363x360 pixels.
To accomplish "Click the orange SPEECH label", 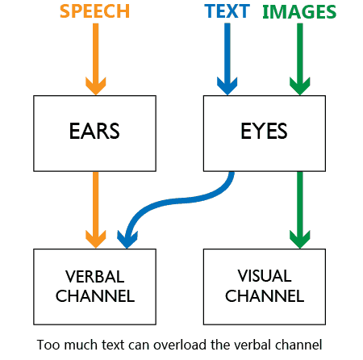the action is tap(94, 11).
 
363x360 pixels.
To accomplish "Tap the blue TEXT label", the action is tap(227, 11).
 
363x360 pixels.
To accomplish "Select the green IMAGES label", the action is tap(299, 12).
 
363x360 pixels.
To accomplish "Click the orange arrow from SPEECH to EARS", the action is tap(96, 59).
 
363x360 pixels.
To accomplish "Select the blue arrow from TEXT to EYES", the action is tap(227, 59).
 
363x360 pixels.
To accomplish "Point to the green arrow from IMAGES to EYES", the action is tap(300, 59).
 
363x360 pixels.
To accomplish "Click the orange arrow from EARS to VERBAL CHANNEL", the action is tap(96, 210).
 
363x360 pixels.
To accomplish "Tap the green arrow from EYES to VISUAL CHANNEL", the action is tap(300, 210).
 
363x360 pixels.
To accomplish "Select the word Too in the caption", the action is tap(48, 345).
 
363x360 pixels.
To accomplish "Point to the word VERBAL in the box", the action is tap(94, 276).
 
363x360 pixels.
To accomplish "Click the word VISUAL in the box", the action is tap(265, 276).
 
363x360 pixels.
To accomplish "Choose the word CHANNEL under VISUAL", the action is tap(265, 296).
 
